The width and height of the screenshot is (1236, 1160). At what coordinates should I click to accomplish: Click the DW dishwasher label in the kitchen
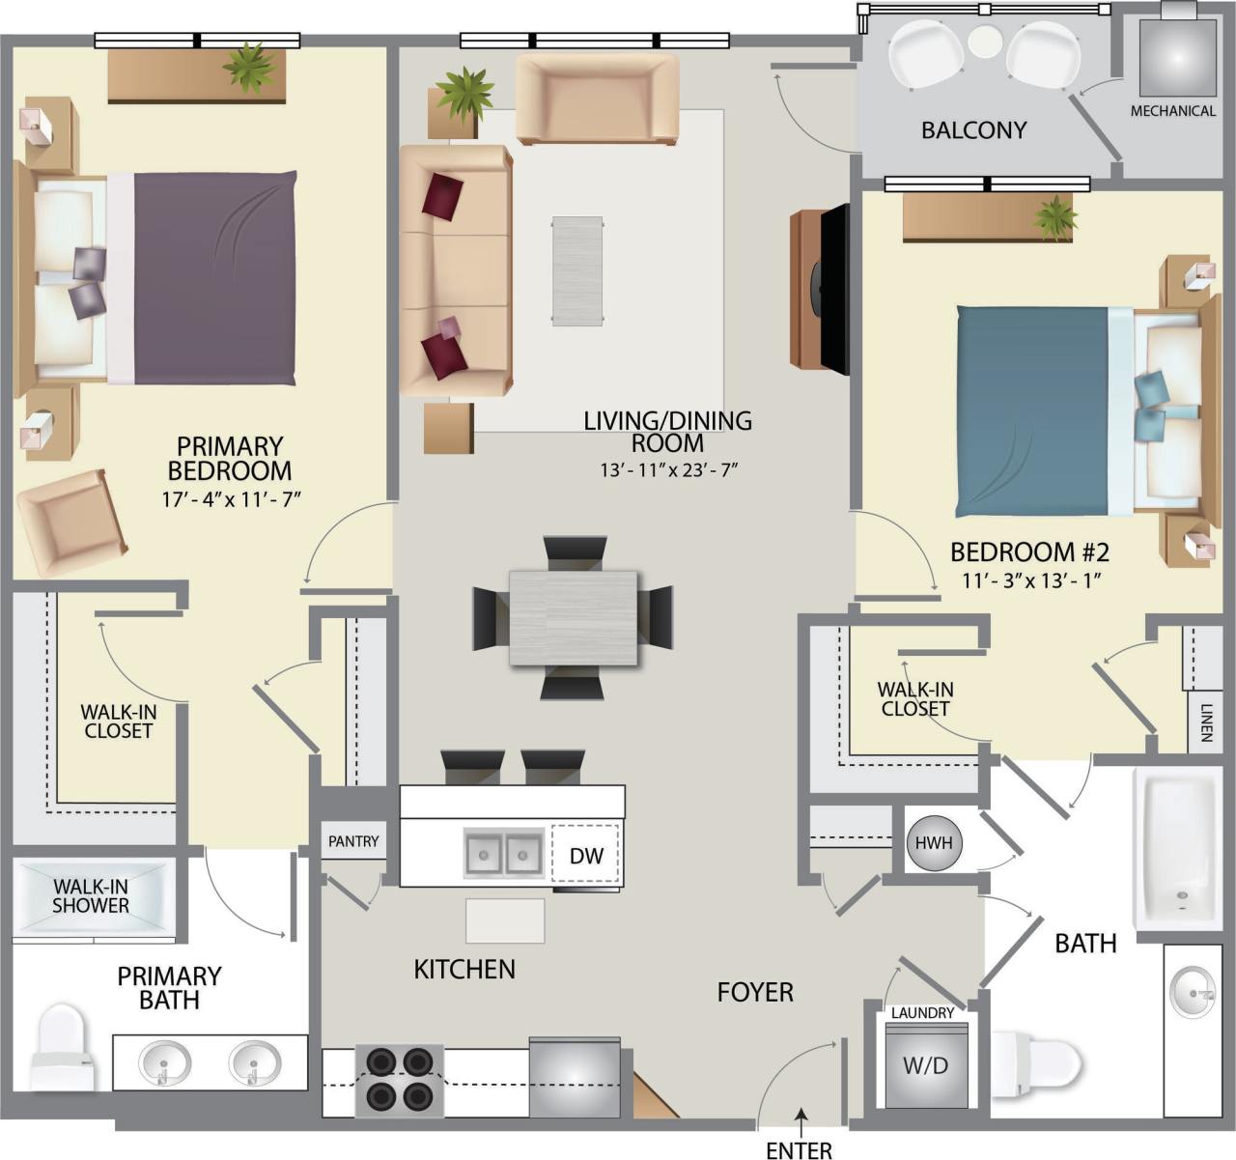pyautogui.click(x=586, y=856)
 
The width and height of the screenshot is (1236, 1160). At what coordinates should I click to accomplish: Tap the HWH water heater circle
pyautogui.click(x=934, y=843)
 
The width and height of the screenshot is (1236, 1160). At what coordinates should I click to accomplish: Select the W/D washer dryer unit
pyautogui.click(x=925, y=1066)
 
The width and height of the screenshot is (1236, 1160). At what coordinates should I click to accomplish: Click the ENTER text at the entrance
pyautogui.click(x=799, y=1149)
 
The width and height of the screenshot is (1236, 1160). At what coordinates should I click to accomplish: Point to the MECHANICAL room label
pyautogui.click(x=1173, y=111)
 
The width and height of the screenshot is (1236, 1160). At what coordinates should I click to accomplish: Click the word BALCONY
pyautogui.click(x=973, y=130)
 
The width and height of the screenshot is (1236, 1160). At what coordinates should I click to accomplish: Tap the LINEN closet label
pyautogui.click(x=1205, y=722)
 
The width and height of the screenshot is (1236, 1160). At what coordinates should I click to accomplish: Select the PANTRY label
pyautogui.click(x=353, y=841)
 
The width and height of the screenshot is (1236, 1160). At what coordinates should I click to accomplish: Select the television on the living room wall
pyautogui.click(x=833, y=287)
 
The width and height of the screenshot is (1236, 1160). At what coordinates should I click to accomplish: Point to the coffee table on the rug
pyautogui.click(x=577, y=270)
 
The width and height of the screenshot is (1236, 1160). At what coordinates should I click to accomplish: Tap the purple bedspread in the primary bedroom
pyautogui.click(x=214, y=278)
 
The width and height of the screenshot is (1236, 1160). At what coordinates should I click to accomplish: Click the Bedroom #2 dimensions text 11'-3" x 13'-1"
pyautogui.click(x=1031, y=580)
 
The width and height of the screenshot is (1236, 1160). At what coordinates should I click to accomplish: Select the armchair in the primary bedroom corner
pyautogui.click(x=71, y=521)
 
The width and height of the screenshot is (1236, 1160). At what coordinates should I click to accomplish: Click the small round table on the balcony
pyautogui.click(x=986, y=42)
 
